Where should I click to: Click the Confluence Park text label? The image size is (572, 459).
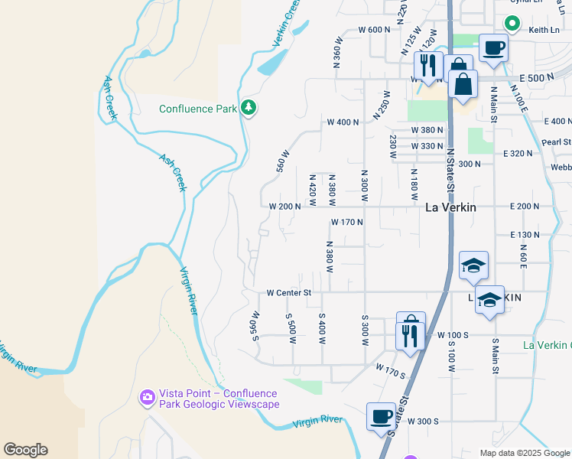[x=198, y=109]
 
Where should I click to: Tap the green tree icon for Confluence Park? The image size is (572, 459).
[x=248, y=108]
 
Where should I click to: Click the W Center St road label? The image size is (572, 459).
[x=289, y=292]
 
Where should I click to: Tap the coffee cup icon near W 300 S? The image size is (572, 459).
[x=382, y=418]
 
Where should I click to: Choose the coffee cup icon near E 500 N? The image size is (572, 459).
[x=493, y=48]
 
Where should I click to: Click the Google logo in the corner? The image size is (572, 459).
[x=25, y=450]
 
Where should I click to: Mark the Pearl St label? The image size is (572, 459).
[x=557, y=142]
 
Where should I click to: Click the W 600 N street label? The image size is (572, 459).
[x=375, y=30]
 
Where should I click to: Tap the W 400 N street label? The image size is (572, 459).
[x=343, y=122]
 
